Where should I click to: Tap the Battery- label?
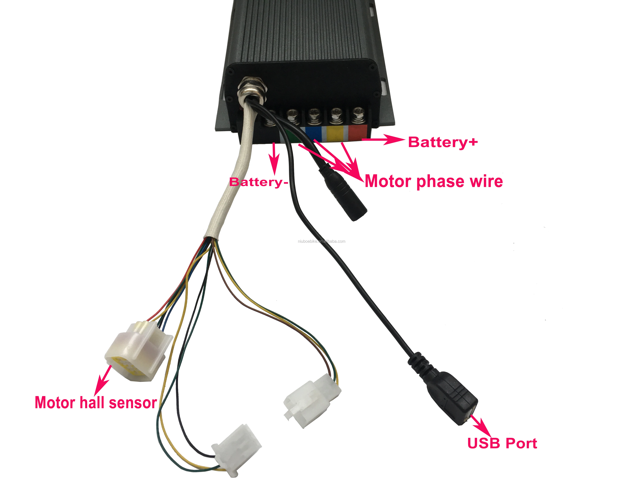(258, 182)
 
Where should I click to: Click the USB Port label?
(502, 443)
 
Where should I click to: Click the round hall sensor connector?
(137, 353)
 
